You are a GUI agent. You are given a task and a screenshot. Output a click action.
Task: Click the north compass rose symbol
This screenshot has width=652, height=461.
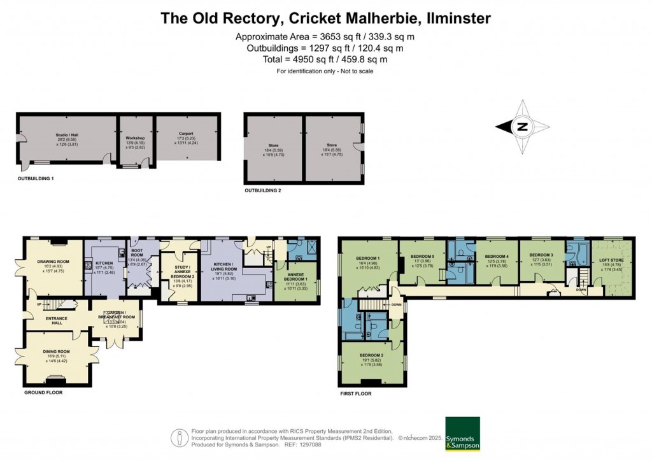coord(521,127)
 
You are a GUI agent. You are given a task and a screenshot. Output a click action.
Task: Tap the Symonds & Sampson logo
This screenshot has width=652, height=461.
coord(463,434)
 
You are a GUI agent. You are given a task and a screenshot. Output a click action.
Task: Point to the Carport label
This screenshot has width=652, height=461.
coord(186,134)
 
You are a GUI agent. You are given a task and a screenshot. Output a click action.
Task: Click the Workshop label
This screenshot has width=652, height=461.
coord(135,138)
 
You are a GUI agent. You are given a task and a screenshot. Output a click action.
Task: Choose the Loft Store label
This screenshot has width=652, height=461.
coord(611,260)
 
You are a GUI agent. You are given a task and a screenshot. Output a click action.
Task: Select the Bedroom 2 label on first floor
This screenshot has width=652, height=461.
coord(371,355)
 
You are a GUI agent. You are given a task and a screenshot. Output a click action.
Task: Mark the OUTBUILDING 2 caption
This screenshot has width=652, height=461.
coord(263,190)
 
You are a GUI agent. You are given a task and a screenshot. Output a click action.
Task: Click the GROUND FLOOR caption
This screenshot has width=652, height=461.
coord(43,393)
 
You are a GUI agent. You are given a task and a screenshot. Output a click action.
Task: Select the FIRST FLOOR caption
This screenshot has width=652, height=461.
coord(356,394)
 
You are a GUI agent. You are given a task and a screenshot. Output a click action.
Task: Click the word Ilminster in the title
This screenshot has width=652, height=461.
coord(453,18)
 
